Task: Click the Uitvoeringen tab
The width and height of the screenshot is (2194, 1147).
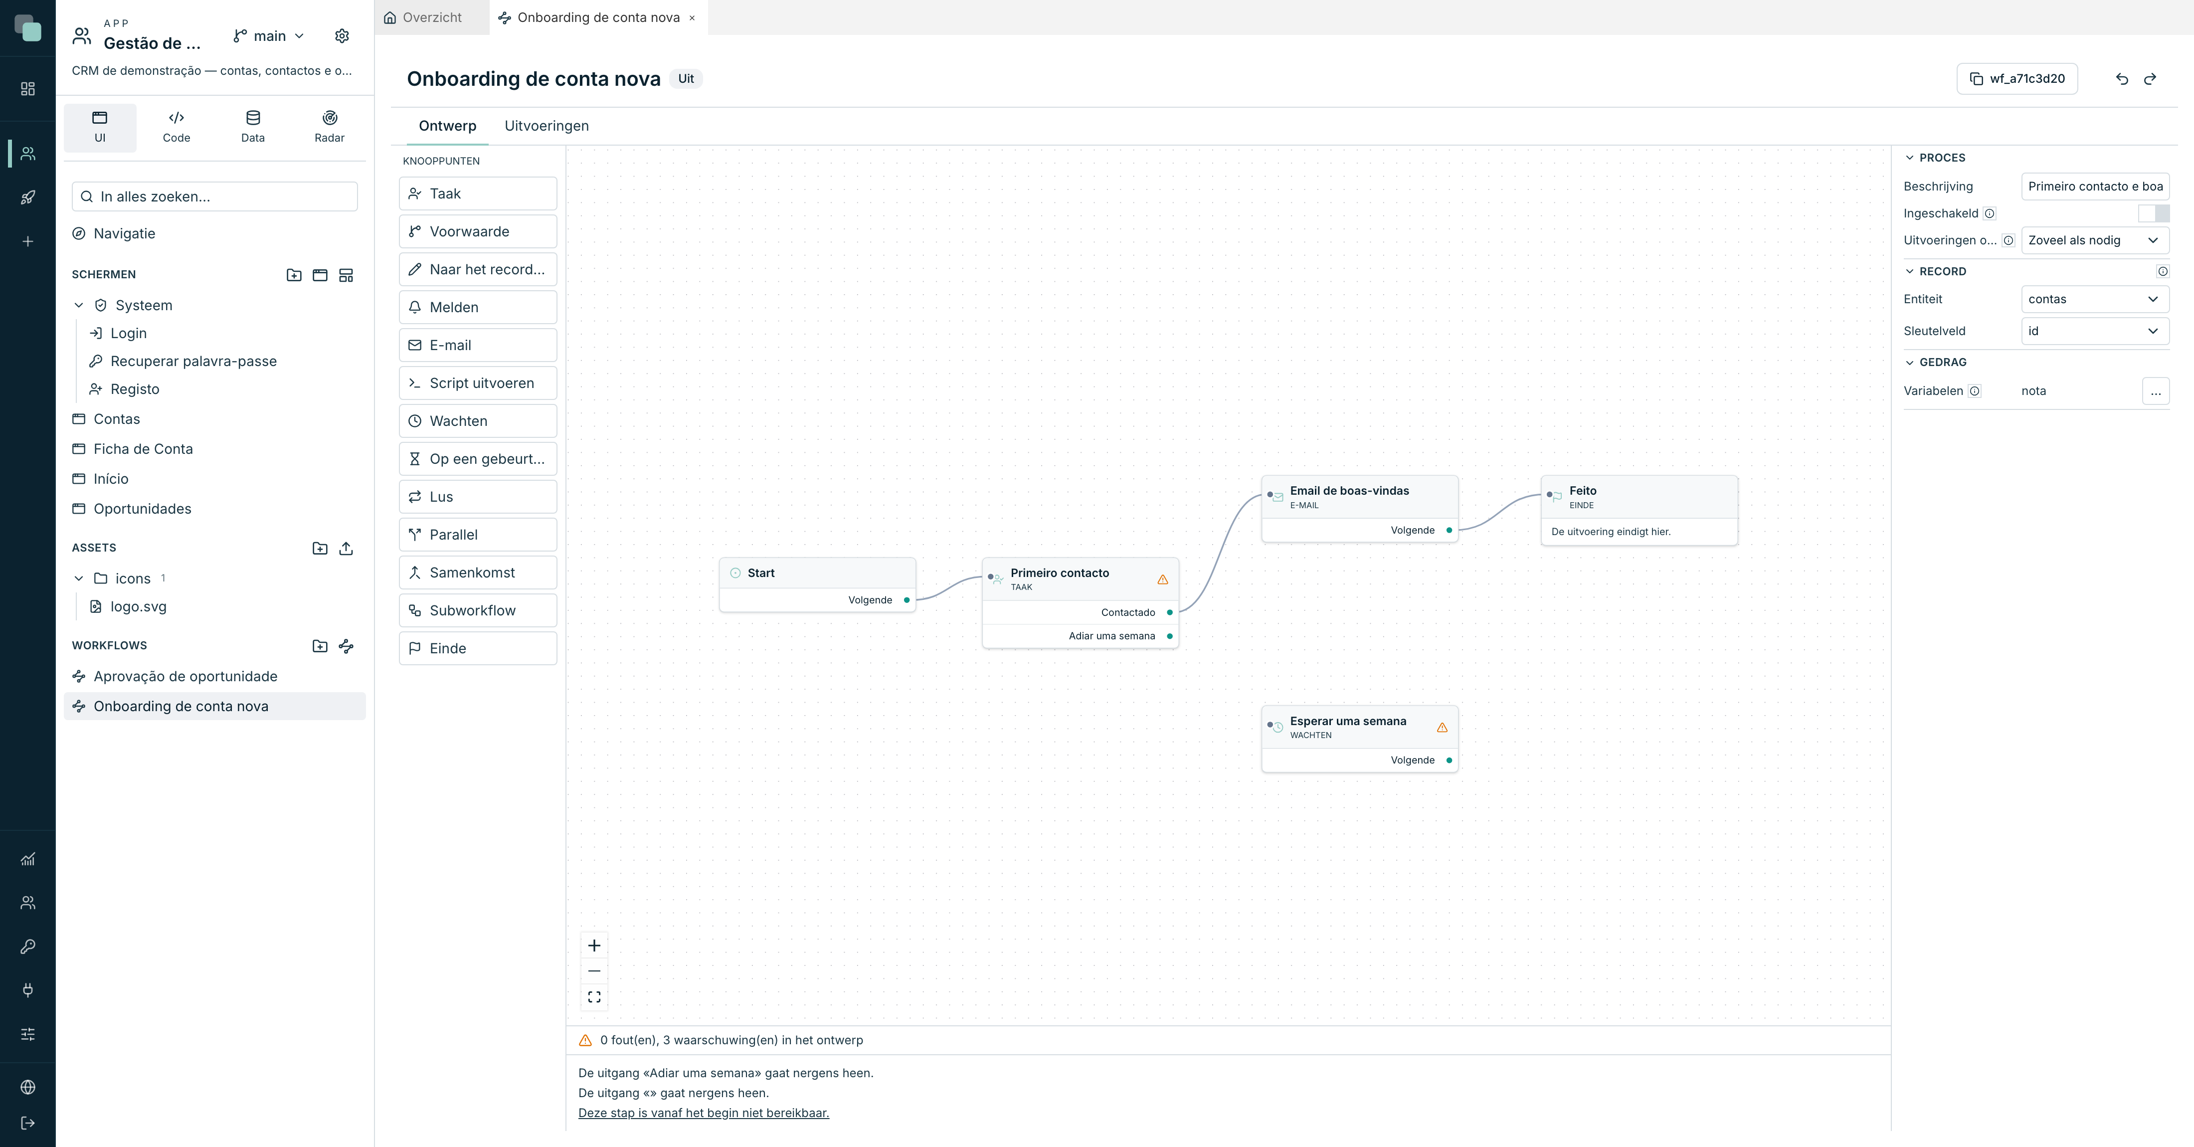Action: click(x=546, y=126)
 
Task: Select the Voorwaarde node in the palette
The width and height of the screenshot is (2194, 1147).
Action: click(x=478, y=231)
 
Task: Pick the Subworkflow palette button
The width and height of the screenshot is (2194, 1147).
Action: click(x=478, y=610)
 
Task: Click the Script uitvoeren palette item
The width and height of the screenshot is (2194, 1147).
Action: click(x=478, y=383)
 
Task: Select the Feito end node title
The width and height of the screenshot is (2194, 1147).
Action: click(x=1583, y=491)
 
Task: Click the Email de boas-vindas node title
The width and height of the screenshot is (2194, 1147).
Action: click(x=1349, y=491)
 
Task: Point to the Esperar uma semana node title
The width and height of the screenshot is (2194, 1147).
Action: click(x=1347, y=721)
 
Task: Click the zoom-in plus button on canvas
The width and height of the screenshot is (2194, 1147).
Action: click(x=594, y=945)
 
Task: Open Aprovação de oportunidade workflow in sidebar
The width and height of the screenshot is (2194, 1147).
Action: click(x=185, y=676)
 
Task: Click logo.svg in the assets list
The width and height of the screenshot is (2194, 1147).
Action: click(x=138, y=607)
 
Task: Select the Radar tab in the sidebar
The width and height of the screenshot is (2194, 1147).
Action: click(x=330, y=127)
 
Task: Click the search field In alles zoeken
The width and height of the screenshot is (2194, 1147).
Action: click(x=214, y=196)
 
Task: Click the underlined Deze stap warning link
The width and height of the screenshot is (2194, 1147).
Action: click(x=704, y=1113)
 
